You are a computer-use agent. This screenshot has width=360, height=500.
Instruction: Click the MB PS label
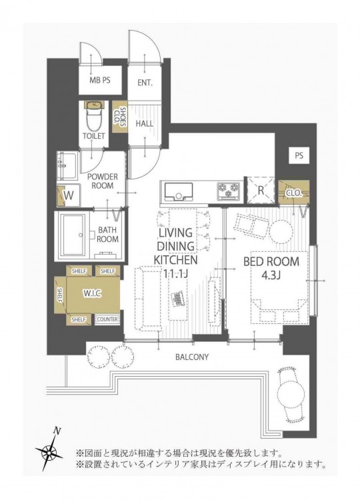click(100, 80)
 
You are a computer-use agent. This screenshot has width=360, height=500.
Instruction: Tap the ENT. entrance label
click(145, 83)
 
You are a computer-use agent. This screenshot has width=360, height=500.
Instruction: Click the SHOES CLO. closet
click(121, 117)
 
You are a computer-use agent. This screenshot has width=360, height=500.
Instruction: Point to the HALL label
click(145, 123)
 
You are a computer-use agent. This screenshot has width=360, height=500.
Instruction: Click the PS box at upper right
click(299, 155)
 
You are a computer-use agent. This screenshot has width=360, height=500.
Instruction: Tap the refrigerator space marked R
click(261, 190)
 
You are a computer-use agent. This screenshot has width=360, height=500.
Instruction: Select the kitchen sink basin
click(178, 191)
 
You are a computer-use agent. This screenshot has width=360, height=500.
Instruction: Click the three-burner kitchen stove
click(229, 191)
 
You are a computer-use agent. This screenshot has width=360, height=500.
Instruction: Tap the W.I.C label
click(93, 293)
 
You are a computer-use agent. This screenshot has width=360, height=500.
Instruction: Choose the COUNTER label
click(107, 319)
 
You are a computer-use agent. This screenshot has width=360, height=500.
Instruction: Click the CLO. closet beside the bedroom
click(294, 192)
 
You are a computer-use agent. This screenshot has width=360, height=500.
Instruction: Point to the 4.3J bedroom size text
click(271, 275)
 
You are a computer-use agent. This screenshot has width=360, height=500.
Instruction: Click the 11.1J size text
click(175, 273)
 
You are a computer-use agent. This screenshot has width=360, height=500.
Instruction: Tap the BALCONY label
click(192, 357)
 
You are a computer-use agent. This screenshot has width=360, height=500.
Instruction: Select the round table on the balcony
click(291, 394)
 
